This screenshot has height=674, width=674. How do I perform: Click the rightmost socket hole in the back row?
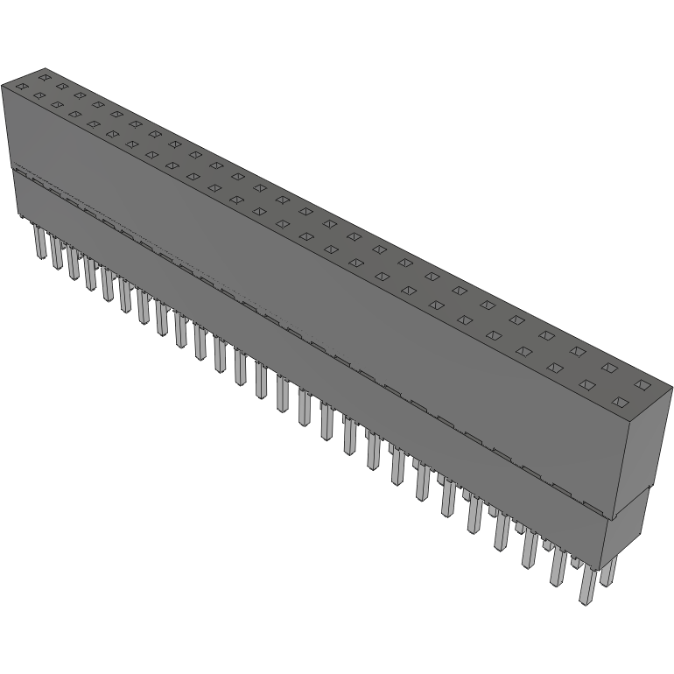pos(643,385)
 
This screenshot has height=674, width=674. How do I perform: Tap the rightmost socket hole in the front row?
pos(621,403)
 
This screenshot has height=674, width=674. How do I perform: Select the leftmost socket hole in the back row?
pos(40,78)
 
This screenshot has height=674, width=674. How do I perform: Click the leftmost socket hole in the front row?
pos(18,86)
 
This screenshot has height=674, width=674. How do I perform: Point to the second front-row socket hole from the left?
pos(38,95)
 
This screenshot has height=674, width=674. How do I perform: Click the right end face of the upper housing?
pos(651,446)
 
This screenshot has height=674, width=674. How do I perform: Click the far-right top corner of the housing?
pos(671,386)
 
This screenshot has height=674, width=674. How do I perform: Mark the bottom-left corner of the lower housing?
pos(18,215)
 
